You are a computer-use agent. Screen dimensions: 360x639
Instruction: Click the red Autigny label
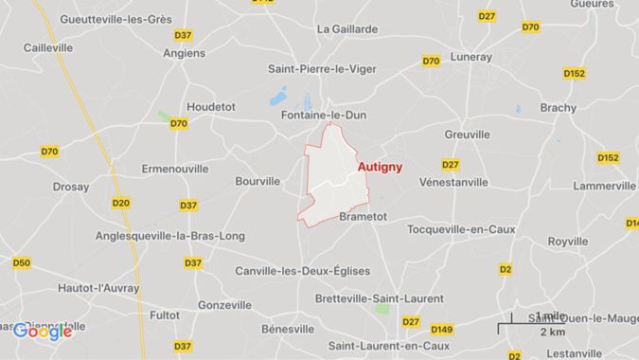tap(380, 167)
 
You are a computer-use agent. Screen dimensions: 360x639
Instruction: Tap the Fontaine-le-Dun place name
tap(324, 116)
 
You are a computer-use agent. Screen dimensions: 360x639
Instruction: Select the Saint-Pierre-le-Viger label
tap(322, 69)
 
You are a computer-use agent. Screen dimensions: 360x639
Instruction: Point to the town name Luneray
tap(470, 57)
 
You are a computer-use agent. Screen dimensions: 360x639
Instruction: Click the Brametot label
tap(363, 217)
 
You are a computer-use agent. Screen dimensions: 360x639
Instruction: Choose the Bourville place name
tap(257, 181)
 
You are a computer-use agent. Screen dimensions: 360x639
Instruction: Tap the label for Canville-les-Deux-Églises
tap(303, 271)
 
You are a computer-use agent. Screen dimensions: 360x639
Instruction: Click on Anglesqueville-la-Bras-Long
tap(170, 236)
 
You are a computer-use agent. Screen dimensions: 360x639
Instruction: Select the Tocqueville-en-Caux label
tap(461, 229)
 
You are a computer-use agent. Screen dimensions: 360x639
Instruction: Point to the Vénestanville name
tap(454, 182)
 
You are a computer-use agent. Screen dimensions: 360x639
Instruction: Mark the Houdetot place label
tap(211, 107)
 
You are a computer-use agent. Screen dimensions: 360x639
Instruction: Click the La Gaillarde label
tap(347, 29)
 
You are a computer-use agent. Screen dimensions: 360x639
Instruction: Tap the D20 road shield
tap(121, 203)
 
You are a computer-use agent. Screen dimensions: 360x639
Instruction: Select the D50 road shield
tap(22, 263)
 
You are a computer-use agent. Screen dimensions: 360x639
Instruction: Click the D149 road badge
tap(441, 330)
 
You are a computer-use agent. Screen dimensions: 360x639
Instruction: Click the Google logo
tap(43, 332)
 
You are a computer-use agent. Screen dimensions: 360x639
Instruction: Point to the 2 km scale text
tap(553, 333)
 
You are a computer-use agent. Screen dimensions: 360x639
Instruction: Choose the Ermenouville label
tap(175, 169)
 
